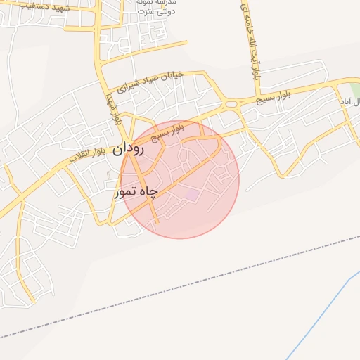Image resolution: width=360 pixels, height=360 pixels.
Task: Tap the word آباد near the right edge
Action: [x=345, y=102]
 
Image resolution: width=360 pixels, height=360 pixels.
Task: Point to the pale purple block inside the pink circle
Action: [x=191, y=193]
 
